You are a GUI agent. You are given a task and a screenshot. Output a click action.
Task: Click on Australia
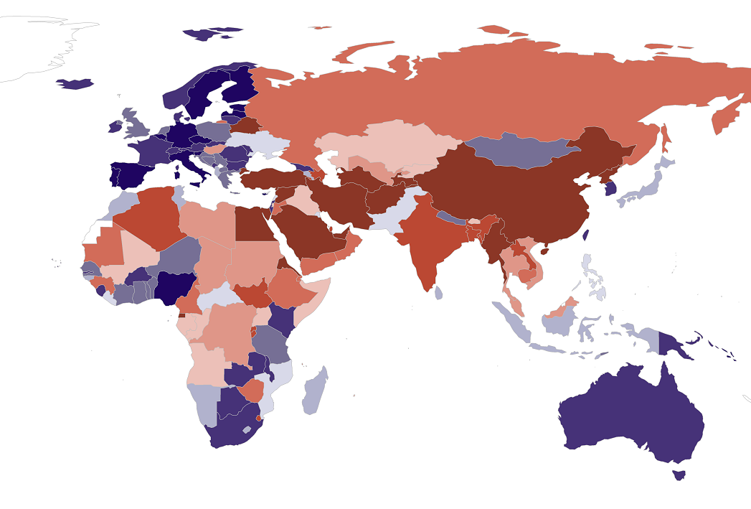(631, 416)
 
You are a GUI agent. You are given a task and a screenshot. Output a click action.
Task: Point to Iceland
(75, 84)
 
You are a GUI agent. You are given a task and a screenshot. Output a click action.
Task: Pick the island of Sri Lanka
(438, 292)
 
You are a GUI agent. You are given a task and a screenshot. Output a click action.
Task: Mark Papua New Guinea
(678, 345)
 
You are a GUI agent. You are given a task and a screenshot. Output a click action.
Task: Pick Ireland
(115, 127)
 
